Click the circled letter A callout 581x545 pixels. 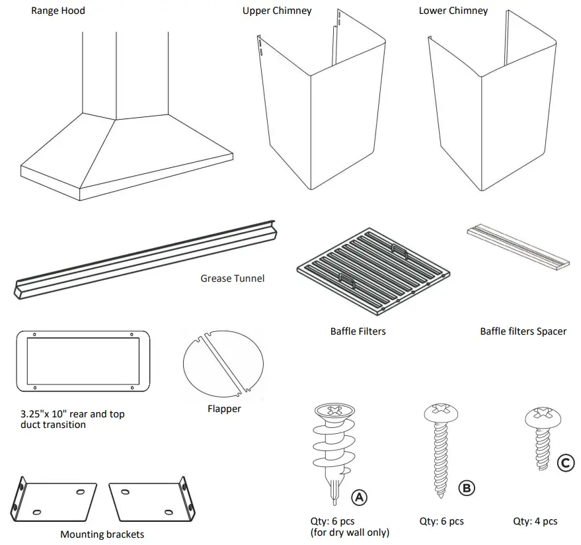click(x=359, y=497)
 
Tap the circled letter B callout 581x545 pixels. click(x=466, y=488)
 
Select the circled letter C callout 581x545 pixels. click(x=565, y=463)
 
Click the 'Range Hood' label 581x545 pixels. click(x=58, y=11)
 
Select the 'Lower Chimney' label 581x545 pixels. click(x=453, y=11)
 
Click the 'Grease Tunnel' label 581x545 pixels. click(x=232, y=278)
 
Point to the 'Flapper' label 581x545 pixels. click(x=224, y=409)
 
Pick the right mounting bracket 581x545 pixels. click(x=153, y=500)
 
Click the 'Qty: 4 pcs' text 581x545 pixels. click(x=535, y=521)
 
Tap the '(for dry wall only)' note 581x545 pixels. click(x=349, y=532)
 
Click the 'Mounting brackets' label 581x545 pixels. click(x=102, y=534)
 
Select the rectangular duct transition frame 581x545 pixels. click(x=81, y=361)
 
